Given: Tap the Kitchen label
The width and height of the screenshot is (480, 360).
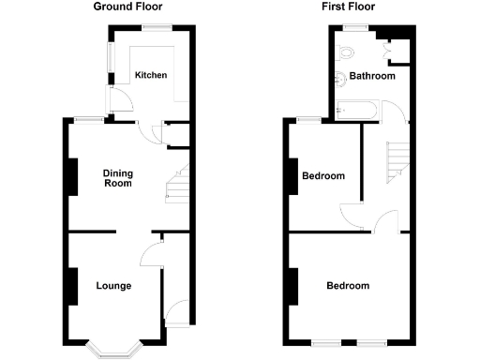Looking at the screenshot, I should [x=150, y=76].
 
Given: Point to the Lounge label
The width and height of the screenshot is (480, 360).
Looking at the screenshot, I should [x=113, y=286].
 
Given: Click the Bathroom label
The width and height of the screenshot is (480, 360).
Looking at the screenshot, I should [x=372, y=76].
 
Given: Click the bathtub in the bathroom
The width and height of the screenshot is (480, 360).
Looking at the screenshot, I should [x=356, y=111].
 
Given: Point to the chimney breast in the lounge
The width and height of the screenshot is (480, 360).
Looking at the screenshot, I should [x=71, y=286].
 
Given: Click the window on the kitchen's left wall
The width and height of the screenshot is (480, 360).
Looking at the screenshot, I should [x=109, y=62].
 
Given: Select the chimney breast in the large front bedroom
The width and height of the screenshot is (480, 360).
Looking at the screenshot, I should [x=294, y=286].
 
